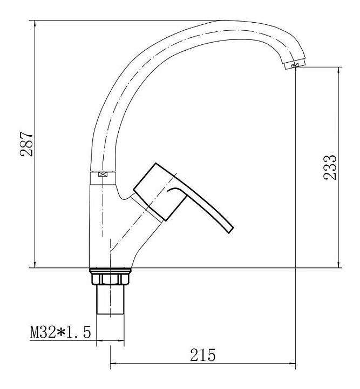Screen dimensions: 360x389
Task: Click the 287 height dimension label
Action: click(x=26, y=144)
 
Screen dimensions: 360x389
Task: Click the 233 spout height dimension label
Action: click(x=330, y=167)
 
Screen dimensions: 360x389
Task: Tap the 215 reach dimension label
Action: click(x=203, y=355)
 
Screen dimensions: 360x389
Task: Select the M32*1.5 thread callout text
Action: click(x=60, y=332)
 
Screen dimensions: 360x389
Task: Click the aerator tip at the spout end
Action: click(x=295, y=65)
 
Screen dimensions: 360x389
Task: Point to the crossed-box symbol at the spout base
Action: click(x=102, y=174)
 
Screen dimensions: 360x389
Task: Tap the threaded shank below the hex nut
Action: click(x=110, y=300)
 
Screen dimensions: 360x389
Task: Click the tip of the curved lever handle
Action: click(x=231, y=230)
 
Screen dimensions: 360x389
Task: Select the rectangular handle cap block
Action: click(x=160, y=192)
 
